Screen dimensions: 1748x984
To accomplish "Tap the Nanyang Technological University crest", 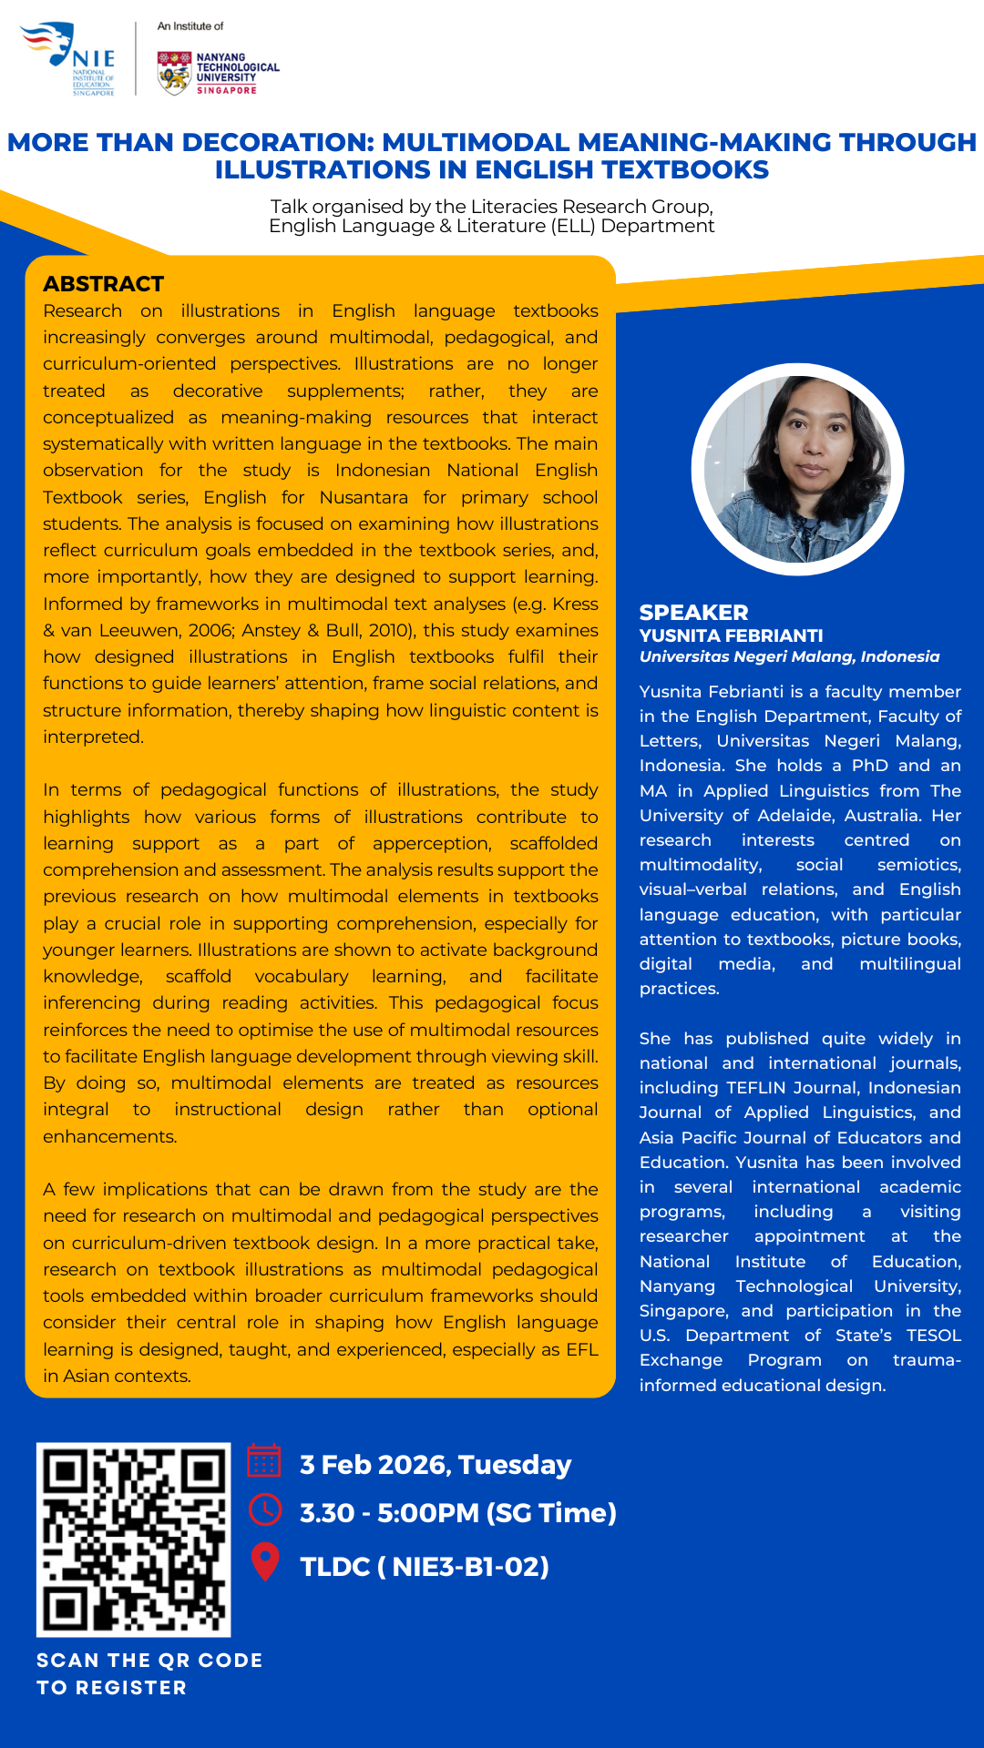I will tap(173, 73).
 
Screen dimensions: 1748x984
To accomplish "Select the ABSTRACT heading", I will tap(104, 284).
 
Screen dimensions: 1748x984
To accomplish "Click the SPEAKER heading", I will tap(693, 613).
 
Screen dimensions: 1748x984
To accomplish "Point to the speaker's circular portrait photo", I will tap(797, 470).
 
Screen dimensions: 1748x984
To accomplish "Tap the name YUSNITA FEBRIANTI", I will tap(731, 635).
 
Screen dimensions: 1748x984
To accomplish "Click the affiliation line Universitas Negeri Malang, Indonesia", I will tap(789, 656).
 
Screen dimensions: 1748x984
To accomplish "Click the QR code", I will tap(133, 1540).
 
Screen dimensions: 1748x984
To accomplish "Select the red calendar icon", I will tap(264, 1460).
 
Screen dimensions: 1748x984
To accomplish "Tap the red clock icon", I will tap(265, 1509).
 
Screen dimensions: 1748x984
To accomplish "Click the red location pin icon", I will tap(265, 1561).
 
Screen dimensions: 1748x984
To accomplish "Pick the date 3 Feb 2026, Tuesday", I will tap(436, 1465).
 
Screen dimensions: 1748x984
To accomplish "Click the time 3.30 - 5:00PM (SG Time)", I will tap(458, 1513).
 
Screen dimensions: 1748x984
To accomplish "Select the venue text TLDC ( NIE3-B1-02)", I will tap(425, 1567).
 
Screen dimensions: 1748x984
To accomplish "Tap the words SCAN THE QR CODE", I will tap(149, 1661).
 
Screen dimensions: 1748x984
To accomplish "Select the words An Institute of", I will tap(190, 26).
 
